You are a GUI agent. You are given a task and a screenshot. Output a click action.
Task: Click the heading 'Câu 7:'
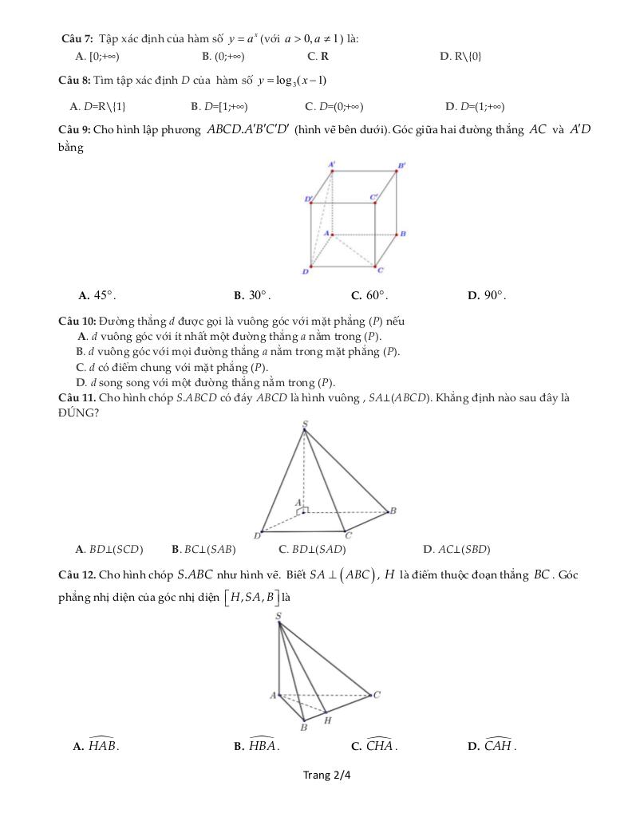(77, 38)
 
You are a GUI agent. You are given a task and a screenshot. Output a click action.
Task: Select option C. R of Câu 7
(318, 56)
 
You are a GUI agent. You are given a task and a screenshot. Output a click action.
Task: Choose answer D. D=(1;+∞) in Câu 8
(475, 106)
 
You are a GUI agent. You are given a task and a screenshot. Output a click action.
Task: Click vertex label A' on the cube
(332, 164)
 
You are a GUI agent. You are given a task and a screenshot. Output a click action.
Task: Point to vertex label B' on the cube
(402, 165)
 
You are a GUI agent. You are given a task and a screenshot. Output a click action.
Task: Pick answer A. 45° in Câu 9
(97, 295)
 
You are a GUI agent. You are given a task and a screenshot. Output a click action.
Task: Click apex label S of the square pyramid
(304, 424)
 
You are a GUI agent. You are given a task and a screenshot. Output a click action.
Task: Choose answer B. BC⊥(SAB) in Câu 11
(203, 549)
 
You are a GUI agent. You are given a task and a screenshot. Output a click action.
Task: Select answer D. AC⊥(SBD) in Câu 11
(456, 549)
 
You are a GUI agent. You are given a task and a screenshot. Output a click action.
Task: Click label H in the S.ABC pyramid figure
(327, 720)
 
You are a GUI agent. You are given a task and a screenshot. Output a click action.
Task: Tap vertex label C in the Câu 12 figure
(377, 694)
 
